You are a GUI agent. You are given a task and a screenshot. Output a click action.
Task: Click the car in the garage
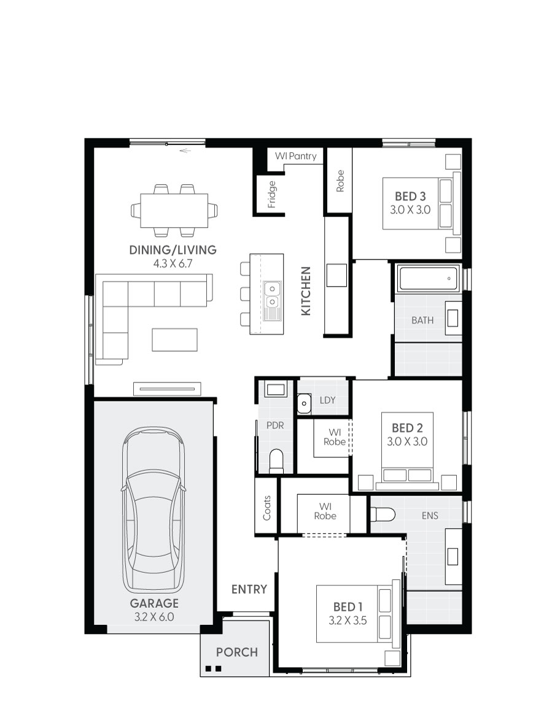pyautogui.click(x=153, y=509)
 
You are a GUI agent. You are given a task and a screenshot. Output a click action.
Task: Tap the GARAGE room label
pyautogui.click(x=154, y=603)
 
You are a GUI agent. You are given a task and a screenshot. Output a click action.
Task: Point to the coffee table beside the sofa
pyautogui.click(x=175, y=339)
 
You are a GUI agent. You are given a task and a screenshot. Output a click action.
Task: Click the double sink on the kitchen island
pyautogui.click(x=271, y=295)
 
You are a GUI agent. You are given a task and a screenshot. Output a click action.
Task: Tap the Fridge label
pyautogui.click(x=272, y=194)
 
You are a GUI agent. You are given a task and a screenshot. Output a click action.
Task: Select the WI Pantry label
pyautogui.click(x=295, y=157)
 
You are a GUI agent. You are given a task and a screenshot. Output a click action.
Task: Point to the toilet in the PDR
pyautogui.click(x=276, y=461)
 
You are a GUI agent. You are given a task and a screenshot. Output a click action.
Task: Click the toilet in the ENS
pyautogui.click(x=382, y=515)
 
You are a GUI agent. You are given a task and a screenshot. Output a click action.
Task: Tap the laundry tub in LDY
pyautogui.click(x=304, y=403)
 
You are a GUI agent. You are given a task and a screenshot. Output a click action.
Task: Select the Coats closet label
pyautogui.click(x=267, y=508)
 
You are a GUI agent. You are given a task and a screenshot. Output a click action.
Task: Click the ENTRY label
pyautogui.click(x=249, y=589)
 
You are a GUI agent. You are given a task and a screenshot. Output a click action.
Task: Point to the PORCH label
pyautogui.click(x=236, y=652)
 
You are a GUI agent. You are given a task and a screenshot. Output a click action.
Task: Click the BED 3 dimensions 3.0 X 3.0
pyautogui.click(x=410, y=209)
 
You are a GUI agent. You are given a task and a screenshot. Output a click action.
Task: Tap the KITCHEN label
pyautogui.click(x=306, y=291)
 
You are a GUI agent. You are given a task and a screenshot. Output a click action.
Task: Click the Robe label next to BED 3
pyautogui.click(x=340, y=181)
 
